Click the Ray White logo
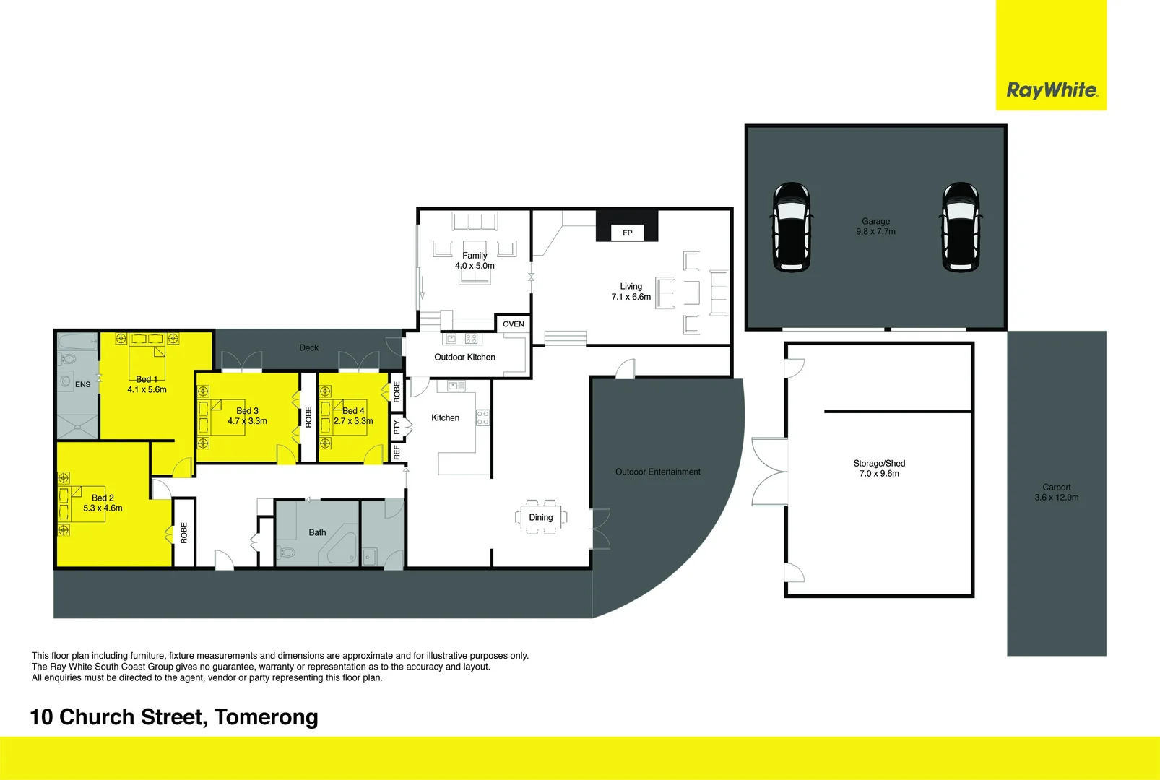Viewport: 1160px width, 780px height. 1051,90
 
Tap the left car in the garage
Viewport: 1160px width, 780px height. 792,227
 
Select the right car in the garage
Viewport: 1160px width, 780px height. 961,227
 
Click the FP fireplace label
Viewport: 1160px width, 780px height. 627,233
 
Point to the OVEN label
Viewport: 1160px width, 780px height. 514,324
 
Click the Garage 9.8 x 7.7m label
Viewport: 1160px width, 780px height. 875,227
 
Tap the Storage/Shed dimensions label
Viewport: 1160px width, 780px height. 879,469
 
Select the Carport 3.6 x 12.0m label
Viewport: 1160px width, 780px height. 1056,493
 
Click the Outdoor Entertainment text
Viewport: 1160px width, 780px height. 657,472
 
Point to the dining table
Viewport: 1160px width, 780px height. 541,517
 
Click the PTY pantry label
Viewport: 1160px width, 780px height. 397,428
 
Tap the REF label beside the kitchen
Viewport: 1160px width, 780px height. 397,453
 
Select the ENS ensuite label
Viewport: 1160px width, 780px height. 83,384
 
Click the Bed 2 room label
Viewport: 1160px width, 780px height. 103,503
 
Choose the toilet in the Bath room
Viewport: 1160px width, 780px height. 287,553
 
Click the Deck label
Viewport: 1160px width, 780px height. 308,348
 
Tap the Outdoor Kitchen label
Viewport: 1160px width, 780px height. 464,357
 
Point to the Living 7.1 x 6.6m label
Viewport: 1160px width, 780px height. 631,292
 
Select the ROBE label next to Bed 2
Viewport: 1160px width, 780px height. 184,532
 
